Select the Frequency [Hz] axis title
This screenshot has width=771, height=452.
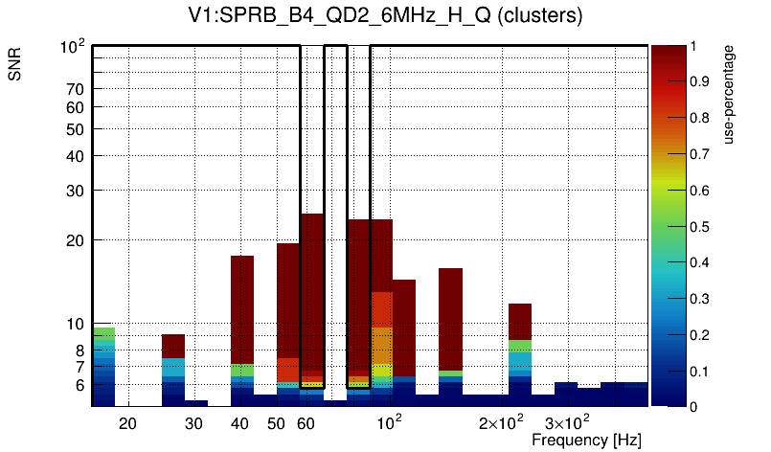coord(586,440)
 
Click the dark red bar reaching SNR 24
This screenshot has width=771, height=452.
coord(312,287)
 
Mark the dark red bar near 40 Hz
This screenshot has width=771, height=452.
coord(242,306)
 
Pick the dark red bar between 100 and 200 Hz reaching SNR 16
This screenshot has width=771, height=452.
coord(451,316)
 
